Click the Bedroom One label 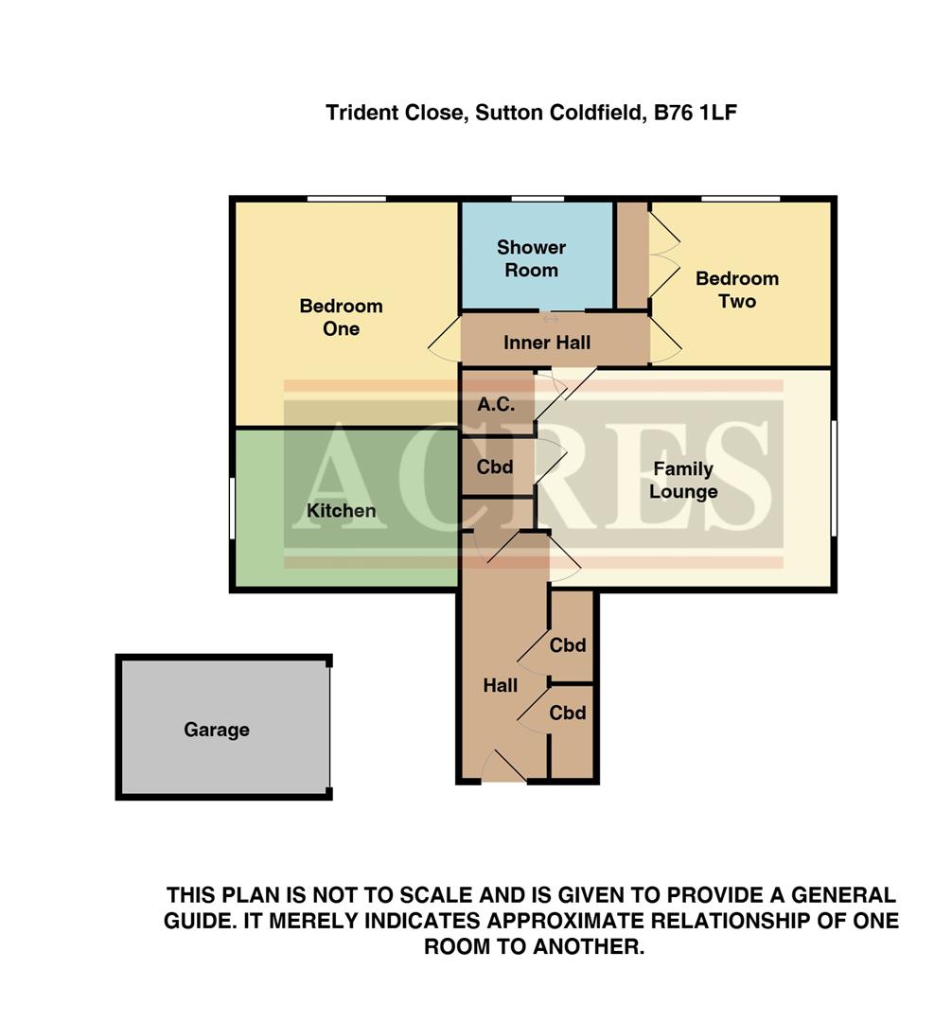tap(341, 317)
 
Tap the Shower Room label tap(531, 258)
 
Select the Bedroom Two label tap(736, 290)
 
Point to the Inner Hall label tap(547, 342)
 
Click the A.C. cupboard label tap(495, 404)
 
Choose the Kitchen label tap(341, 511)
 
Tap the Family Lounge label tap(682, 481)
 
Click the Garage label tap(217, 730)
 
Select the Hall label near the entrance tap(500, 685)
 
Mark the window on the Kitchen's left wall tap(233, 508)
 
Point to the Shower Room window tap(538, 199)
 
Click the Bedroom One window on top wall tap(346, 199)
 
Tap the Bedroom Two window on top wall tap(740, 199)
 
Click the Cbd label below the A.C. tap(494, 467)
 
